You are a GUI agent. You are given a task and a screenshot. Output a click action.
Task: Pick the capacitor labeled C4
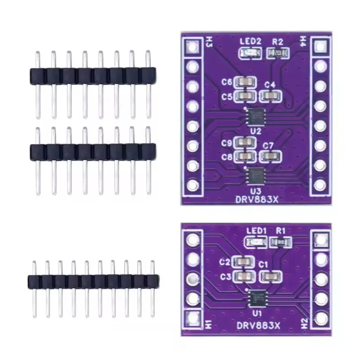pyautogui.click(x=271, y=95)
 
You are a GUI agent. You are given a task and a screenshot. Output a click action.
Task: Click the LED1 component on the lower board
pyautogui.click(x=254, y=243)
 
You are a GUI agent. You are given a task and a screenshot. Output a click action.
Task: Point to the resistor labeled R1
pyautogui.click(x=280, y=243)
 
